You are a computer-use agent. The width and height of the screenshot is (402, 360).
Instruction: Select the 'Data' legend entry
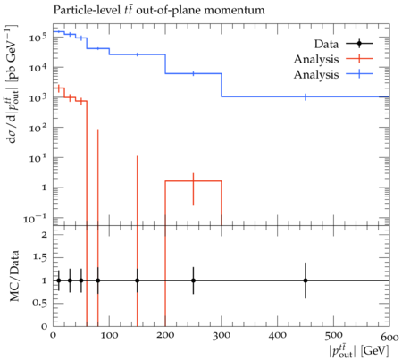327,44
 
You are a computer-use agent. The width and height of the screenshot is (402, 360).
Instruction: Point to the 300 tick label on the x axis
222,336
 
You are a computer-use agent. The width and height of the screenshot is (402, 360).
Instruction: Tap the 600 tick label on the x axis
389,337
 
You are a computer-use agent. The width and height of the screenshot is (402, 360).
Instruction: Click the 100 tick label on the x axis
109,336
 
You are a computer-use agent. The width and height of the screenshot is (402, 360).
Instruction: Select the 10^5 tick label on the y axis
38,37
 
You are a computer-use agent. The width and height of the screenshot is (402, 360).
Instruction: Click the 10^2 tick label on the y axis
38,127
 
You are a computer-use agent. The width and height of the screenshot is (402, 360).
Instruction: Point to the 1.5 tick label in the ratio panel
40,257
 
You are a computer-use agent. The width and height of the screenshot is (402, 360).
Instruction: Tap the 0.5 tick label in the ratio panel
40,303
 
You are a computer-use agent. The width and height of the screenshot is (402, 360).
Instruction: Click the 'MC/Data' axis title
14,276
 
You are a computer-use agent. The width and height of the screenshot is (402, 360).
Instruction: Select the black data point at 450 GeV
306,280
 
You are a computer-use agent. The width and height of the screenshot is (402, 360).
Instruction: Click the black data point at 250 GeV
193,280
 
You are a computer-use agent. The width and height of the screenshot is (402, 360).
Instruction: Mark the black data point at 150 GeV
138,280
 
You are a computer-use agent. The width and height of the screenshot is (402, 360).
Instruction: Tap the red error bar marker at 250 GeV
193,181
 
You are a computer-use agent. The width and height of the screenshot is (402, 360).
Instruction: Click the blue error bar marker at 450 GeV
306,96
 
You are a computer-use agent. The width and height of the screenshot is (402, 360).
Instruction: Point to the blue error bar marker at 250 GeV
193,73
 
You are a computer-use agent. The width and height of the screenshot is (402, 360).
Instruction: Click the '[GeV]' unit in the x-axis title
374,351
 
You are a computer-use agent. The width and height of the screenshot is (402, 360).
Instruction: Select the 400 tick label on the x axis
277,336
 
